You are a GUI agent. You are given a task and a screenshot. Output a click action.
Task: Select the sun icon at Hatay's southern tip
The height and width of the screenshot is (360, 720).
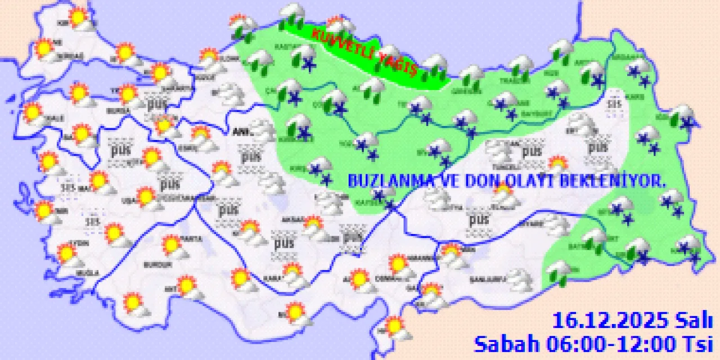395,327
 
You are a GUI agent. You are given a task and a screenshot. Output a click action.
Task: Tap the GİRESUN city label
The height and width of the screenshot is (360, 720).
463,92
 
